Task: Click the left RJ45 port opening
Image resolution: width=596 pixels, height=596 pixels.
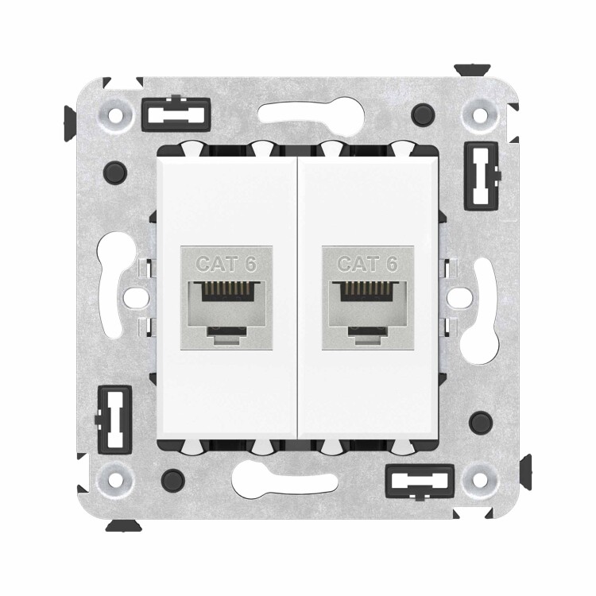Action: pyautogui.click(x=226, y=309)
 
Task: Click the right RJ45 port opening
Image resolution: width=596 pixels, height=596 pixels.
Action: pyautogui.click(x=368, y=309)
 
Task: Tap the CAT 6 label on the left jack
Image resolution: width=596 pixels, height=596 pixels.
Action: pyautogui.click(x=226, y=264)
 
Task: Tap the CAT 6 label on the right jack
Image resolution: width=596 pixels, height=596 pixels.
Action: pyautogui.click(x=368, y=264)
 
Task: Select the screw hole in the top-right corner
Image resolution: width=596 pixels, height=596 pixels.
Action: pyautogui.click(x=480, y=114)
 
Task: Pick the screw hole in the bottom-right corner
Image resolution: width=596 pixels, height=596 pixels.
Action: pyautogui.click(x=480, y=480)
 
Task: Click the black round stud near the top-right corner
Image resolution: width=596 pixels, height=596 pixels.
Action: pyautogui.click(x=423, y=114)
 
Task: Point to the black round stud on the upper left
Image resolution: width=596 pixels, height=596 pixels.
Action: pyautogui.click(x=115, y=172)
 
